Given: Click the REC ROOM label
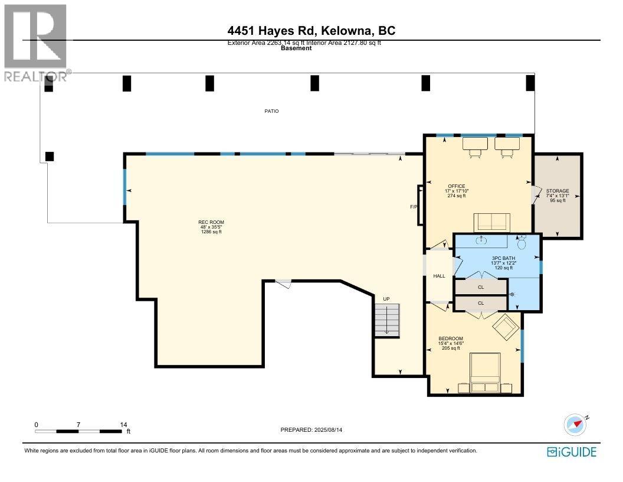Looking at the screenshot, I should (x=211, y=223).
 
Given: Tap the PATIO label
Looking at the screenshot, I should (x=271, y=111).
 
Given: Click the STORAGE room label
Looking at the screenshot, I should (x=558, y=191).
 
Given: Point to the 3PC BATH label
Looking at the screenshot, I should (x=502, y=258).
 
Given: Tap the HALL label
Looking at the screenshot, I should (x=440, y=276).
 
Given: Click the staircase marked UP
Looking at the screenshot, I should (x=387, y=320).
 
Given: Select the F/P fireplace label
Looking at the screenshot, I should (x=414, y=207).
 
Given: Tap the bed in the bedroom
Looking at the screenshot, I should (x=485, y=372).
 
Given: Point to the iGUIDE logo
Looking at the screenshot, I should (x=572, y=452).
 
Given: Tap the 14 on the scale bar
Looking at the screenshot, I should (x=123, y=424).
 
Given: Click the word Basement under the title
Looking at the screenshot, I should (x=296, y=48).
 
